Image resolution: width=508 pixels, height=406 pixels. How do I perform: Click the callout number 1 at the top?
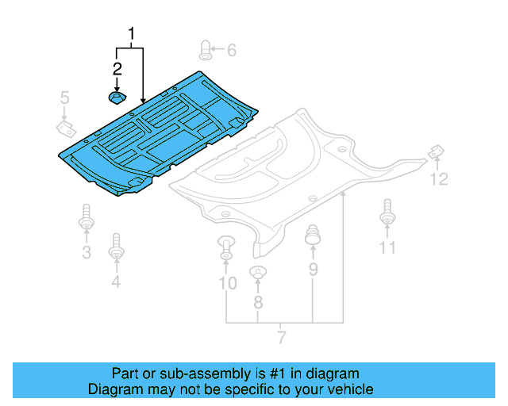coord(132,34)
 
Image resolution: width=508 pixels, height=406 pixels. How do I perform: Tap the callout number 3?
coord(86,253)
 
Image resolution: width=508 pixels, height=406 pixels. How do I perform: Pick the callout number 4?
coord(116,281)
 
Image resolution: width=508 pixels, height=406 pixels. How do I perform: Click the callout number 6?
coord(231,51)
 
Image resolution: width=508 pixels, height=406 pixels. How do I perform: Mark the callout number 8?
coord(257,302)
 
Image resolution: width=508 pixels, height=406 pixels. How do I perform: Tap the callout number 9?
coord(313,270)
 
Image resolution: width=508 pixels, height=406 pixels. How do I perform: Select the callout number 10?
coord(227,283)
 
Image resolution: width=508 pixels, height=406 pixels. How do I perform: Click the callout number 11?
coord(387,247)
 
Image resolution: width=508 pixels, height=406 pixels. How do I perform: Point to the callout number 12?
coord(439,179)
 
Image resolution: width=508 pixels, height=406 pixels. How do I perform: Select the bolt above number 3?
coord(86,218)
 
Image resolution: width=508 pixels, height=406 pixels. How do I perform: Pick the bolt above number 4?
coord(117,246)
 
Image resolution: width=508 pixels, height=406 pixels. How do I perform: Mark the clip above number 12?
coord(436,151)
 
